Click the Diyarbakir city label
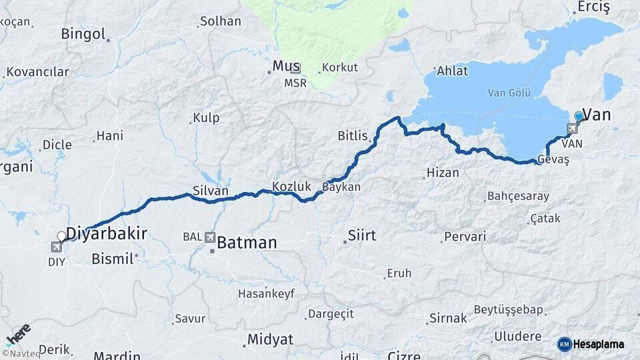coord(107,233)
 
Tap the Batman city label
coord(247,243)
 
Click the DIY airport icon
coord(56,247)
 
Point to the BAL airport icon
coord(211,237)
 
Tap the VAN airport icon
coord(573,129)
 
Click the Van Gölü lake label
coord(509,93)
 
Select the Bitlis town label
coord(353,136)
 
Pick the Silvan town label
coord(210,191)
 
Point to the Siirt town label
coord(362,235)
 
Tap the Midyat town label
coord(270,339)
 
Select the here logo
coord(18,333)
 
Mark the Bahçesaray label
coord(518,196)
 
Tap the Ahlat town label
coord(453,71)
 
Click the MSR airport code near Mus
coord(295,83)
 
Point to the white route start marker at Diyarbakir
coord(61,236)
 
